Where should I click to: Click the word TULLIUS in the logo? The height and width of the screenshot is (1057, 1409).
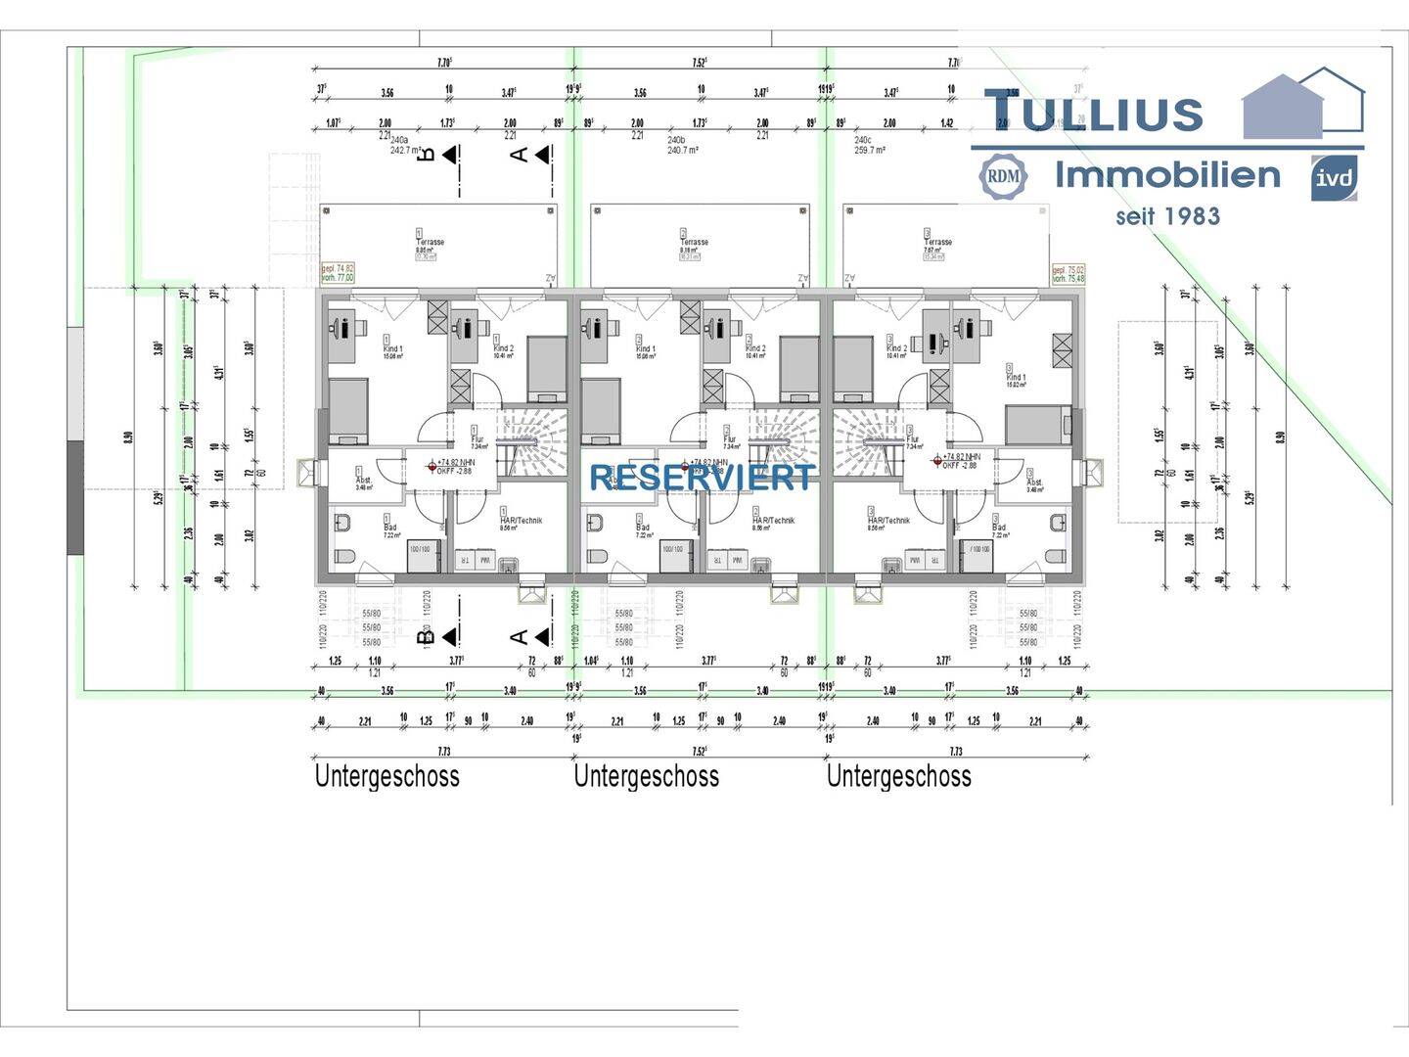coord(1093,112)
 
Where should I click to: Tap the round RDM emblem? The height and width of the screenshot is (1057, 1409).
coord(1003,177)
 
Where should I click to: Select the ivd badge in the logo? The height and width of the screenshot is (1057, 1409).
coord(1335,178)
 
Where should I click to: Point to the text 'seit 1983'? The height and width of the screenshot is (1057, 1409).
coord(1168,216)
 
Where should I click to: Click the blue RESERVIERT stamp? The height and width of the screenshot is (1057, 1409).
coord(701,478)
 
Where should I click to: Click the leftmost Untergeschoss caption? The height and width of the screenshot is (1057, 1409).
coord(386,777)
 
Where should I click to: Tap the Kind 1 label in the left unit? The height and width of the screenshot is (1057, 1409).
coord(392,350)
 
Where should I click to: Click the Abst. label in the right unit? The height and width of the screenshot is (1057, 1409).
coord(1035,483)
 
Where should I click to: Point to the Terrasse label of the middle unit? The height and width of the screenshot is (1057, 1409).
coord(694,243)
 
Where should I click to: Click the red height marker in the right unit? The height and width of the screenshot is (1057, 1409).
coord(937,460)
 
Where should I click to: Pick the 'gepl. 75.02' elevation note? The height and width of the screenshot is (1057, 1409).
coord(1068,269)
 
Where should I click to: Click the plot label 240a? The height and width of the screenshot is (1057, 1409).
coord(399,140)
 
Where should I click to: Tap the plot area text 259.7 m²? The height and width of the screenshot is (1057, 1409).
coord(870,151)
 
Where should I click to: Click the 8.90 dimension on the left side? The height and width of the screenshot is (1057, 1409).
coord(127,437)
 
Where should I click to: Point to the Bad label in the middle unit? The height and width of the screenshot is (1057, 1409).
coord(643,528)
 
